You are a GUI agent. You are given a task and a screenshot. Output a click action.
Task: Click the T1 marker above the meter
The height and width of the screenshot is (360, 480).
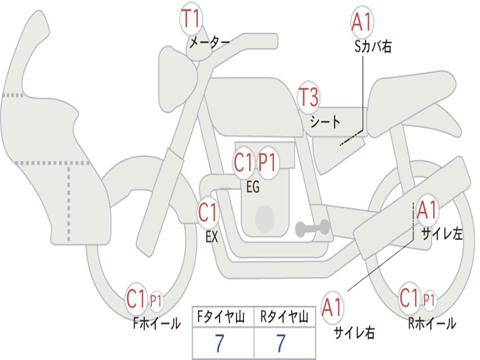pos(191,20)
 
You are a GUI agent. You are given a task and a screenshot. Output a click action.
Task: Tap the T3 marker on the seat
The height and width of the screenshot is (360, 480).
pos(308,98)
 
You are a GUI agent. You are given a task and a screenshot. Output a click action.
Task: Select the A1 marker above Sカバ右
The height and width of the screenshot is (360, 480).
pos(361,22)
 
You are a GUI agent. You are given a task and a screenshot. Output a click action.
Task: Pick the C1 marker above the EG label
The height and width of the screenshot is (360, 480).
pos(244,163)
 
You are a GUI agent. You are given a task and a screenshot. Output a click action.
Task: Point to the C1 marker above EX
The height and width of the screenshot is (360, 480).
pos(208,213)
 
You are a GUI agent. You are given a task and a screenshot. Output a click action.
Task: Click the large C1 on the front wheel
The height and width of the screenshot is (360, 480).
pos(136,299)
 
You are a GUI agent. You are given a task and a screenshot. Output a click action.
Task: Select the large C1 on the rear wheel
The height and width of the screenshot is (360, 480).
pos(410,298)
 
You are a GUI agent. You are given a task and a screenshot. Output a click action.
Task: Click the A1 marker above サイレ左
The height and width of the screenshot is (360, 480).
pos(427,210)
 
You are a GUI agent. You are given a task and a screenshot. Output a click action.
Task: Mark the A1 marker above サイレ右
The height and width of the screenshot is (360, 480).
pos(332,308)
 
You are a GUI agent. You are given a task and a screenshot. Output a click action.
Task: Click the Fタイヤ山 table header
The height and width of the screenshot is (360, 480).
pos(223,318)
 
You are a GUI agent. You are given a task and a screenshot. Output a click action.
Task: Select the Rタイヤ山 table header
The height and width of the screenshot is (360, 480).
pos(284,318)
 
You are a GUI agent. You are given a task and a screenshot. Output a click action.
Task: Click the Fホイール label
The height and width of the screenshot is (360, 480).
pos(157,323)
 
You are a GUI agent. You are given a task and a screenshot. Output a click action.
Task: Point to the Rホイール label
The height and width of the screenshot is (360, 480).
pos(432,323)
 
